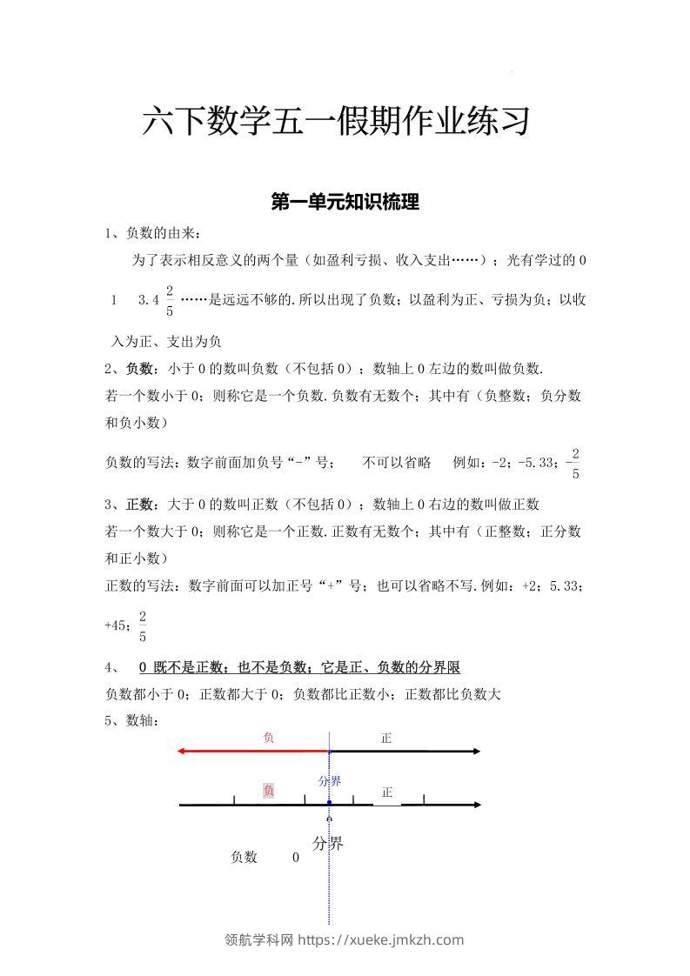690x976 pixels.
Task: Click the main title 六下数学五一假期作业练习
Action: point(336,123)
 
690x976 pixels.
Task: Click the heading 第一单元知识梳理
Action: point(345,203)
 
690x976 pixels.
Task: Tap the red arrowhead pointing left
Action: point(180,751)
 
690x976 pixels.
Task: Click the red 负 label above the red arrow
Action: point(269,738)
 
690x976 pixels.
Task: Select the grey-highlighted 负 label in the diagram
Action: point(269,791)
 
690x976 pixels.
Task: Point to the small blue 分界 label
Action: point(329,781)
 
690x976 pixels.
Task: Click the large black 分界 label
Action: point(328,843)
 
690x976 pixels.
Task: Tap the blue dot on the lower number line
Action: point(329,802)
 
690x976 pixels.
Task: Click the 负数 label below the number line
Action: point(244,857)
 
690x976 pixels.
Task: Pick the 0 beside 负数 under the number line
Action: point(296,857)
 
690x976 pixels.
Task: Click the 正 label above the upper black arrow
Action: point(386,738)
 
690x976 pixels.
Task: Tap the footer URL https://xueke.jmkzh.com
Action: point(381,939)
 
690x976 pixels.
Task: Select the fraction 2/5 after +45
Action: point(143,626)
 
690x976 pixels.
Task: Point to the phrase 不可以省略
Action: point(397,463)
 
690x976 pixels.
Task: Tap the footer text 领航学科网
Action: point(259,939)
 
